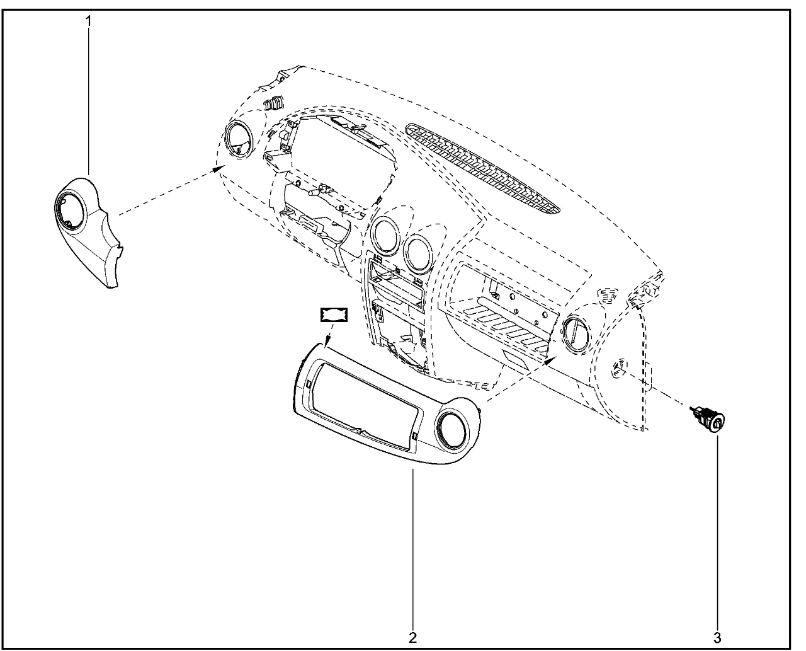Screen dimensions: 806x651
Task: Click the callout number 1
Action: click(x=89, y=21)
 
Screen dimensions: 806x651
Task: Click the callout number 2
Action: click(x=412, y=638)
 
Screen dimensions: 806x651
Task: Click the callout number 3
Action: click(x=717, y=638)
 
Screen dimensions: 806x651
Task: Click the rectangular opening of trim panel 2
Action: click(x=365, y=406)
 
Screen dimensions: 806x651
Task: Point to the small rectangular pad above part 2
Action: click(x=334, y=314)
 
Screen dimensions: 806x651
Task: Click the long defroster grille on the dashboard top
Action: click(x=482, y=167)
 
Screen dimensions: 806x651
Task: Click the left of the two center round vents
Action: click(x=385, y=236)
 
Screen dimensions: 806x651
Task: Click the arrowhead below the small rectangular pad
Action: click(x=327, y=340)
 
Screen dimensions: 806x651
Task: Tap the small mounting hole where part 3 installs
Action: click(x=620, y=368)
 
